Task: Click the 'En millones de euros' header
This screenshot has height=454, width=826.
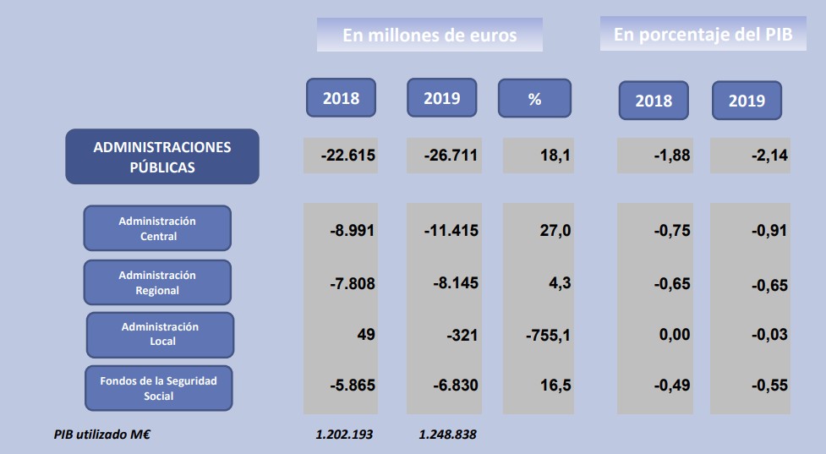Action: click(x=429, y=36)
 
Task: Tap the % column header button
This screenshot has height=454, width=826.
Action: click(x=534, y=99)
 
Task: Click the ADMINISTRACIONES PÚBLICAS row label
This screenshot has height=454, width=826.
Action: click(x=162, y=156)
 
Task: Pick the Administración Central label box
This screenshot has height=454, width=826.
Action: click(x=157, y=228)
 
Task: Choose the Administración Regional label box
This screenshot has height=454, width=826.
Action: click(x=157, y=282)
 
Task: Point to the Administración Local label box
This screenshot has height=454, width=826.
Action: click(x=160, y=334)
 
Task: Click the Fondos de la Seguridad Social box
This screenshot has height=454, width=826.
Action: click(x=159, y=388)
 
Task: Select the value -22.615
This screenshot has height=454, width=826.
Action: click(x=348, y=156)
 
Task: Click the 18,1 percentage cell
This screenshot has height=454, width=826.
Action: click(x=555, y=156)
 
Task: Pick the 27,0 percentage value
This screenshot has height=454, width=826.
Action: click(x=555, y=230)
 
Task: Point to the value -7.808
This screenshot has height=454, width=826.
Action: click(x=353, y=283)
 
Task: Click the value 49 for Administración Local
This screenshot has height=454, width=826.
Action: click(x=366, y=335)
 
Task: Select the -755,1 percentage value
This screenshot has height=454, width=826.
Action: click(x=548, y=336)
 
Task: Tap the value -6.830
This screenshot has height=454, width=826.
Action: click(x=455, y=386)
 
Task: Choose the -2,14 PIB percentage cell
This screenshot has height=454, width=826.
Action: click(x=769, y=156)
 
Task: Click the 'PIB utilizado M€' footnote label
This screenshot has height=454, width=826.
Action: click(x=102, y=435)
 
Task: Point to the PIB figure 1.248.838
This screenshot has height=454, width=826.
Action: click(x=448, y=435)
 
